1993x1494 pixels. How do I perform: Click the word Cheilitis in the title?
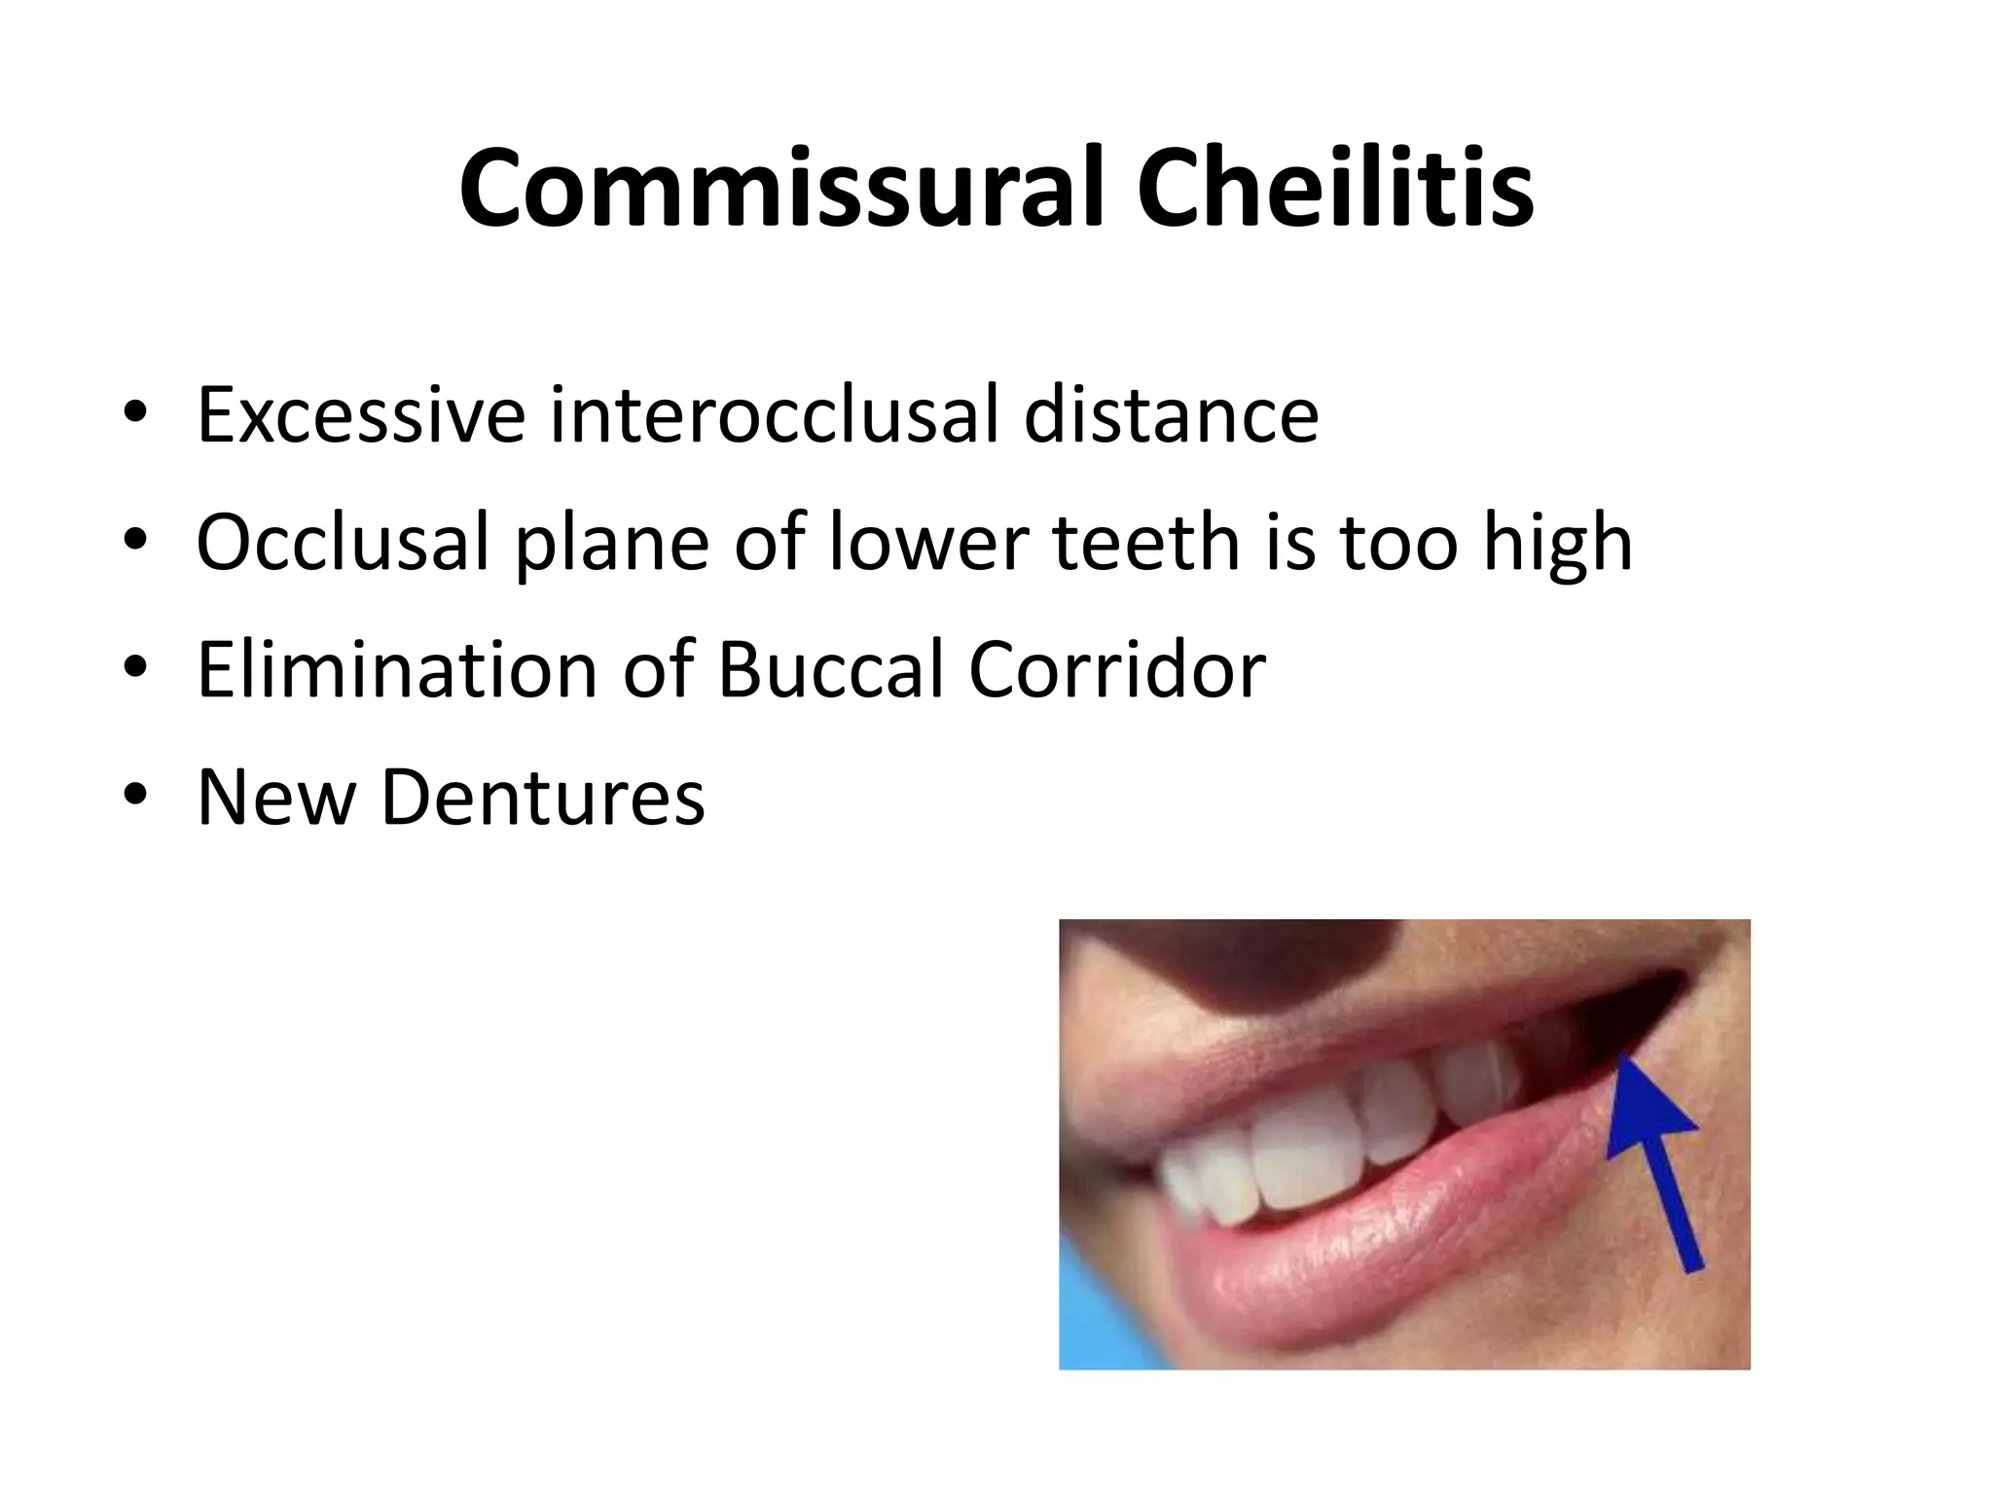[1335, 189]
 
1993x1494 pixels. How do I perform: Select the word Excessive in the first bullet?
[361, 415]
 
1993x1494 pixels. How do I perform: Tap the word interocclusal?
[775, 415]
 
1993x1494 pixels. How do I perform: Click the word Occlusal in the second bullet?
[343, 543]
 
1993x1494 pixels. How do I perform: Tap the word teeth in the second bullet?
[1144, 543]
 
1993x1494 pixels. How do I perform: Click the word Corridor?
[1117, 670]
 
